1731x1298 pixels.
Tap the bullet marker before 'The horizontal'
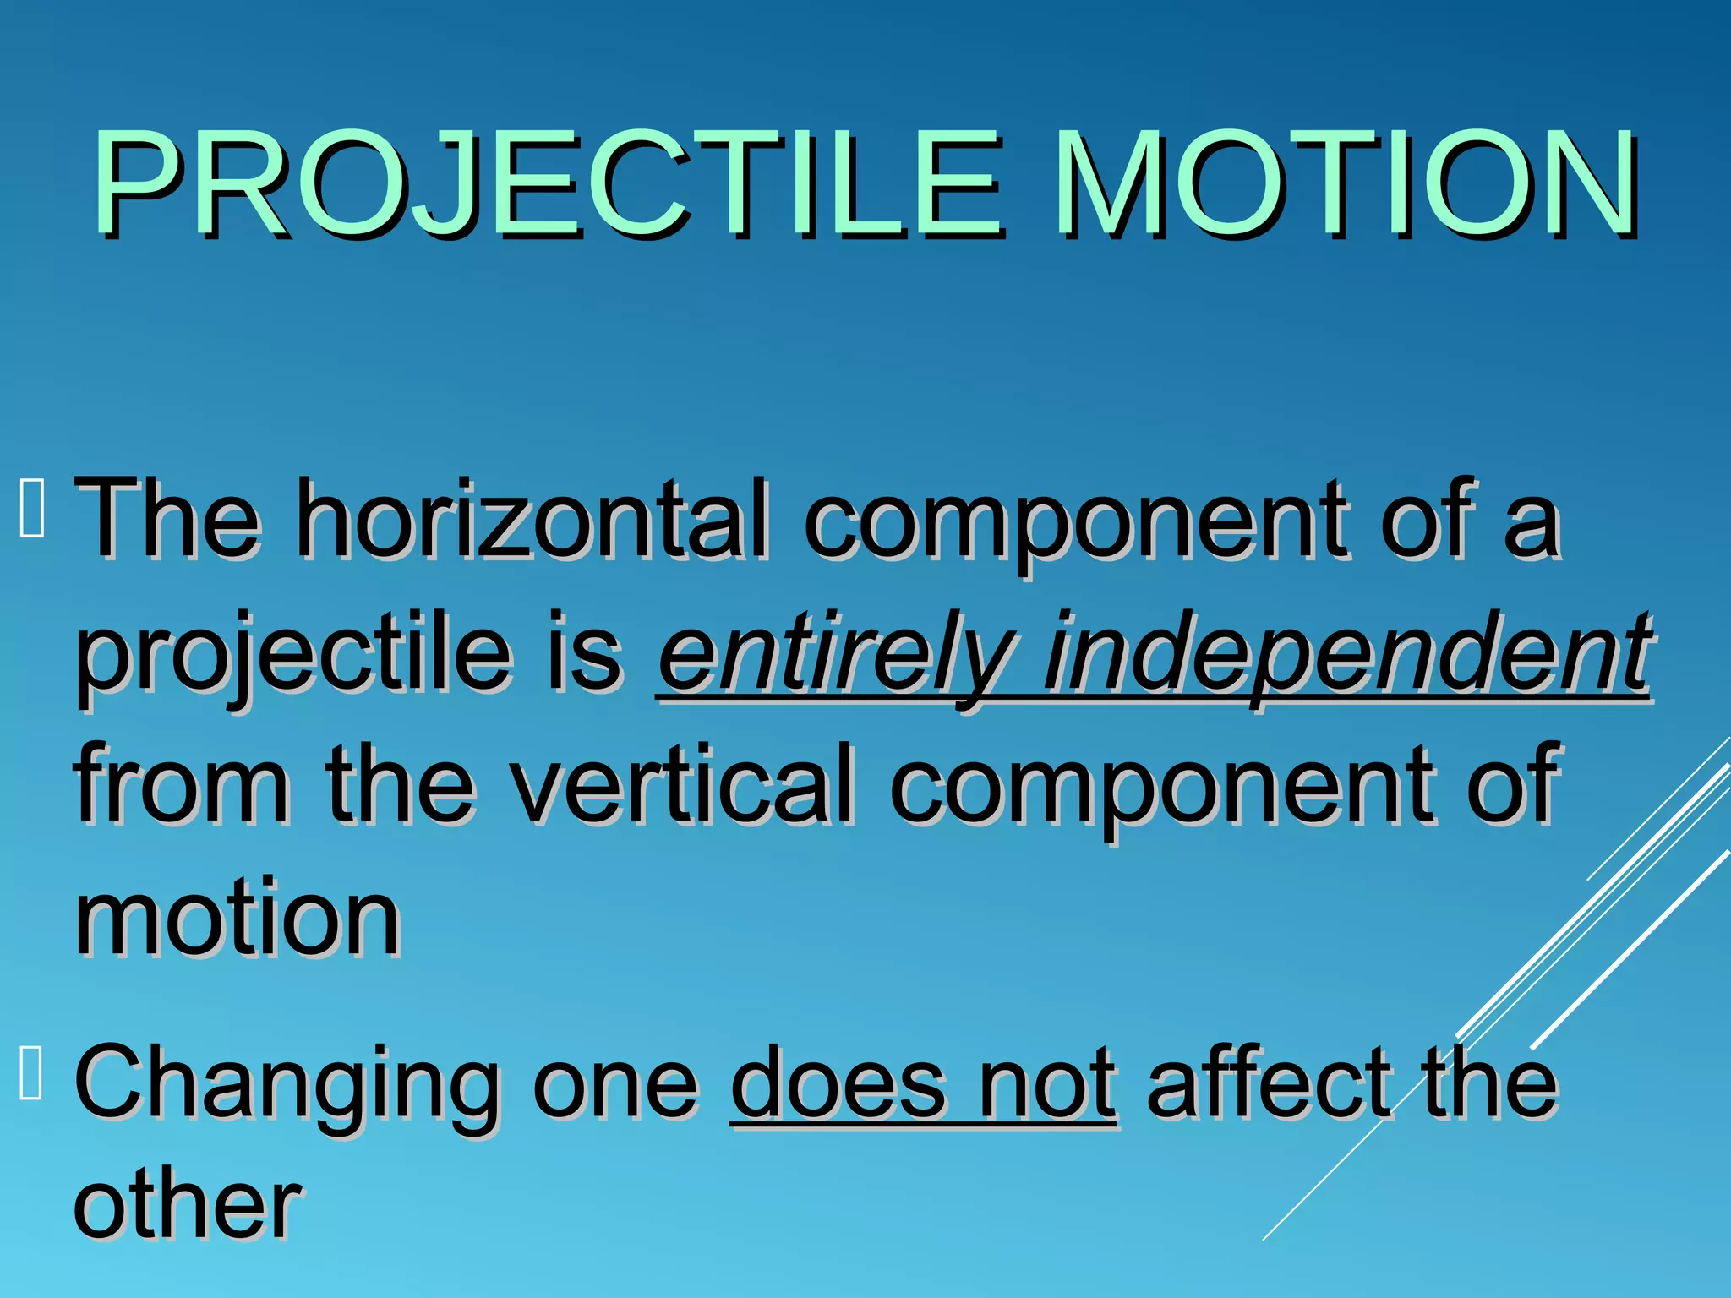click(x=31, y=508)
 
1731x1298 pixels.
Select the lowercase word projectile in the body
click(x=292, y=655)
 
